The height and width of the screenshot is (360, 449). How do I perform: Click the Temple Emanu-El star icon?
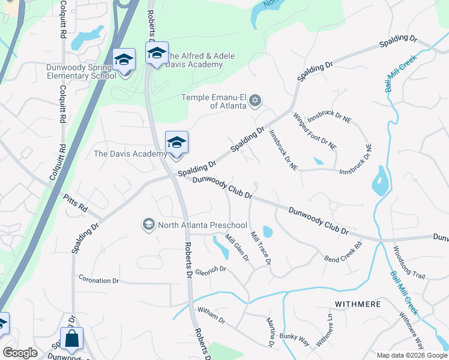pos(255,100)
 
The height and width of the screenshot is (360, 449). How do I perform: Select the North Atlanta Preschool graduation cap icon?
pos(148,225)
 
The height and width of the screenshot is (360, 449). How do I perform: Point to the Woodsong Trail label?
pos(409,262)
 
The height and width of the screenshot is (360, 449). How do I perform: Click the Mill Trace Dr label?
pos(261,248)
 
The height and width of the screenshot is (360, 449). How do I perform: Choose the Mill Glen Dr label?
pos(237,248)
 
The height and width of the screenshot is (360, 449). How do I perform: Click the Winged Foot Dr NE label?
pos(314,130)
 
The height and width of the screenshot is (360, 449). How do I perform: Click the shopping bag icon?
pos(71,339)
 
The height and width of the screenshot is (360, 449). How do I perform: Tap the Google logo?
pos(20,352)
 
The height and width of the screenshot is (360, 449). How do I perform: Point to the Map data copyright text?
pos(412,355)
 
